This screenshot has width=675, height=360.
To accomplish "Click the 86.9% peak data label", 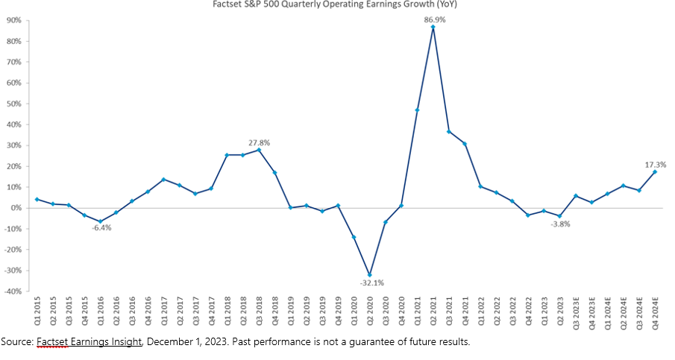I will click(x=433, y=20).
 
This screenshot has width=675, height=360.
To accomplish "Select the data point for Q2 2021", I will click(x=433, y=27).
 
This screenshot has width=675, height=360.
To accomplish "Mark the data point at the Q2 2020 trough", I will click(x=368, y=274).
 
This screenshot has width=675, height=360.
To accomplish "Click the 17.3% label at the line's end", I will click(x=655, y=164).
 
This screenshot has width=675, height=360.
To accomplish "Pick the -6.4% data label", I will click(x=101, y=228).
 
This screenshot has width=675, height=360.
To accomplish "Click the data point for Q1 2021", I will click(x=417, y=110).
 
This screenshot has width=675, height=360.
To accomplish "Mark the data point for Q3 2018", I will click(x=259, y=150).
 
